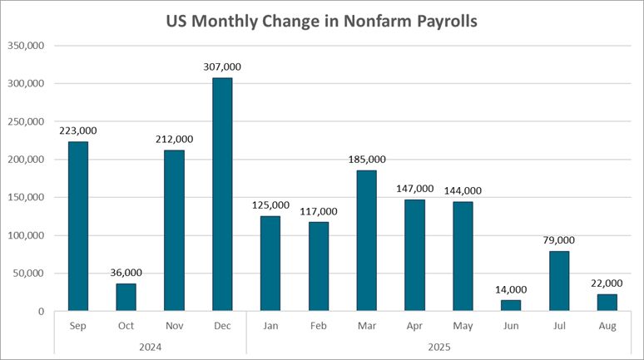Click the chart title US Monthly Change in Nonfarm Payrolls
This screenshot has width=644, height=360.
[x=321, y=22]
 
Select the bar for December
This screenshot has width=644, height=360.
[x=222, y=195]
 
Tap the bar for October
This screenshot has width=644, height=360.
[x=126, y=297]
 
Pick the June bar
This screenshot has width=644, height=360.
[x=511, y=305]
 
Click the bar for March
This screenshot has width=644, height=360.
[x=366, y=240]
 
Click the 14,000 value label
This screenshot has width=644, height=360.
[x=511, y=290]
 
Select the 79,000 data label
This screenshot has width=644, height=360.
[x=559, y=241]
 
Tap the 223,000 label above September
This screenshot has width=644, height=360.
[x=78, y=131]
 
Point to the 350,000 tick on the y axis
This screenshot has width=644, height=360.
[x=28, y=46]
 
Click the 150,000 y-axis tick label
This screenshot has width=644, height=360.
[x=28, y=198]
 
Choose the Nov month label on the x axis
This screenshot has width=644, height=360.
[x=174, y=326]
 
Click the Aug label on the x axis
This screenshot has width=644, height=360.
[x=607, y=326]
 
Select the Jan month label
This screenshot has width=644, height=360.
[x=270, y=326]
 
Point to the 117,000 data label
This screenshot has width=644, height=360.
[x=319, y=211]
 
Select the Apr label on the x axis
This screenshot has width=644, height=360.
[x=414, y=326]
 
